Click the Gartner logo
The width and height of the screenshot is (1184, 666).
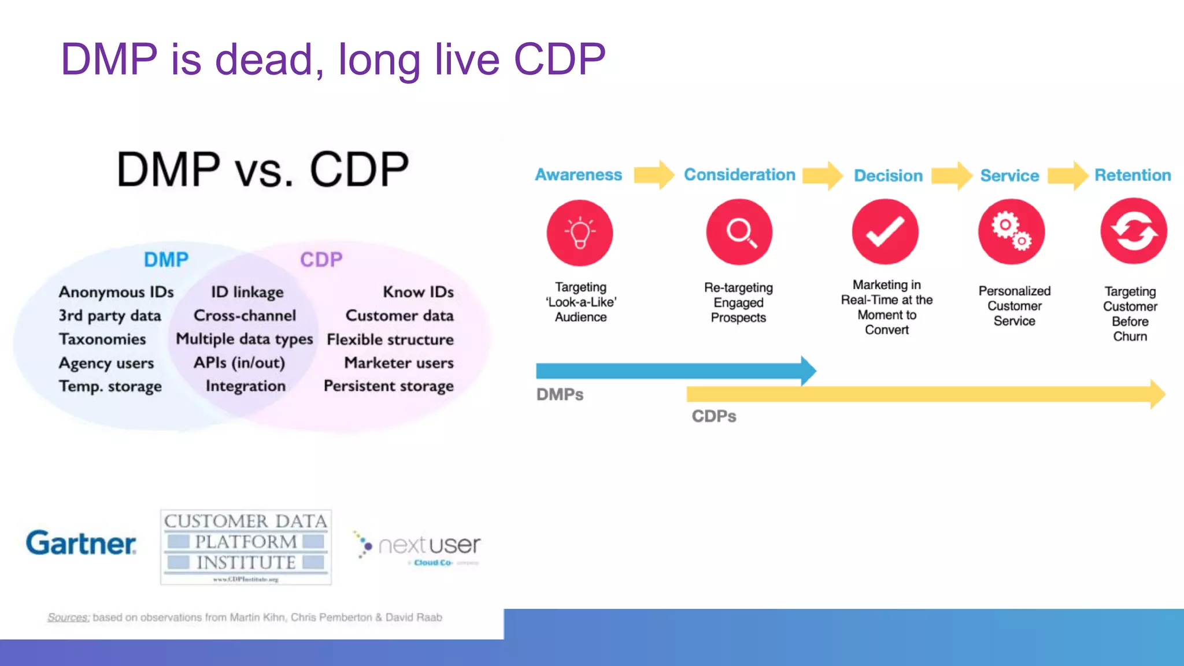point(81,543)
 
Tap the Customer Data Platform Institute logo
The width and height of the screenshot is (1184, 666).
point(246,546)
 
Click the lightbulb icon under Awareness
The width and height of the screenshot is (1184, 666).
point(580,233)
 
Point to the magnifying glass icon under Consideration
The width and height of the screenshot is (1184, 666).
point(739,232)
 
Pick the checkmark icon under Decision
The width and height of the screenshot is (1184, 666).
point(885,232)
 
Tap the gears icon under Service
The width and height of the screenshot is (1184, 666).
point(1011,232)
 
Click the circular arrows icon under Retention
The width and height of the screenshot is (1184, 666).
point(1133,231)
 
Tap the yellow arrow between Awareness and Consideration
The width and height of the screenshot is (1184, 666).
point(654,175)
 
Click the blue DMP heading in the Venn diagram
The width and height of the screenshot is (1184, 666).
point(166,260)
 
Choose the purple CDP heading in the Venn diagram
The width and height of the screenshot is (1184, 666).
point(321,260)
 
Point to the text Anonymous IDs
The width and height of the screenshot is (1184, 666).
point(116,292)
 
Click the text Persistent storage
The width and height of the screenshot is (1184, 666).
point(388,386)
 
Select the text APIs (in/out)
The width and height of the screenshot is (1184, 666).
point(239,362)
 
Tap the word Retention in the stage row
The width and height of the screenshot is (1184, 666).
point(1132,175)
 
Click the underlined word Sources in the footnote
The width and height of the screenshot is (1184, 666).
point(68,617)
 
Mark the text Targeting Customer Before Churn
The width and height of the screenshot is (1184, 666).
point(1130,314)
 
